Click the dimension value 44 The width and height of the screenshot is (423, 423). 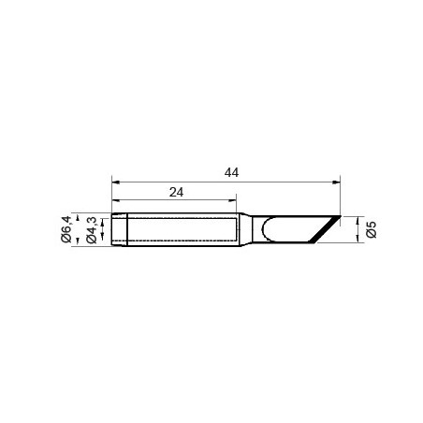[231, 172]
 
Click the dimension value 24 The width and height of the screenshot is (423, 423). [176, 192]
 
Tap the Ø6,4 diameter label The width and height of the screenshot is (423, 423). [66, 229]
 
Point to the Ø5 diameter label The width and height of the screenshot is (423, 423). [372, 229]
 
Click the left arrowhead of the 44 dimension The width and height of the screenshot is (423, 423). [116, 182]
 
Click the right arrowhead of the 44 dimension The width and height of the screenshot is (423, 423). [336, 182]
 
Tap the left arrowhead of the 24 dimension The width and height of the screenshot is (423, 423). [116, 200]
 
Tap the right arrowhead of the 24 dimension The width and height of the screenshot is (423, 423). [232, 200]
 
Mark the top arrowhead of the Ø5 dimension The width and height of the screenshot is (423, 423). [357, 220]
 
